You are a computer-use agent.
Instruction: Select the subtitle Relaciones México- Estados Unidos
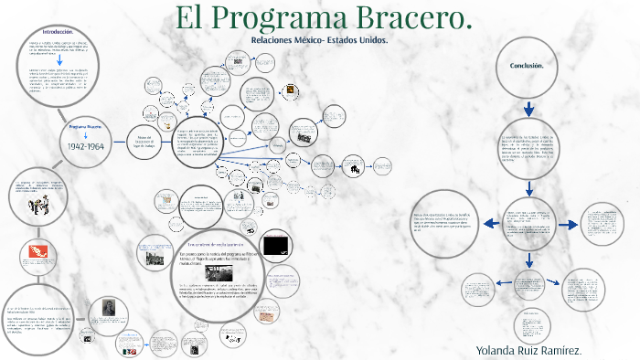(318, 42)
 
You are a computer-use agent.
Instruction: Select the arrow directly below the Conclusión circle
(528, 108)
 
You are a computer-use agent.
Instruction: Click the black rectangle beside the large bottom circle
(275, 247)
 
